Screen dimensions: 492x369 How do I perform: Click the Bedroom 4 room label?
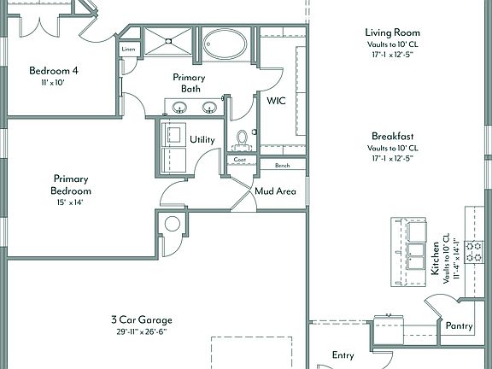pos(54,71)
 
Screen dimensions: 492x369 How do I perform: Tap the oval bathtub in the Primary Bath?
pos(225,44)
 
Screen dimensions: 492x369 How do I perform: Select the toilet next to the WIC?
pos(242,141)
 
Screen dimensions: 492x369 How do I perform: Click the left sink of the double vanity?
pos(179,108)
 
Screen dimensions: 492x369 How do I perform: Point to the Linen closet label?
pos(128,49)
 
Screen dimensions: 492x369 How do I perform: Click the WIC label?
pos(276,101)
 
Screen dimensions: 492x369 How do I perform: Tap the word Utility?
pos(202,139)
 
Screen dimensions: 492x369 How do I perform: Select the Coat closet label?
pos(240,160)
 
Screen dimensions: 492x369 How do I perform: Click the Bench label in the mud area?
pos(283,166)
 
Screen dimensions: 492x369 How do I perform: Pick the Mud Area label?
pos(275,190)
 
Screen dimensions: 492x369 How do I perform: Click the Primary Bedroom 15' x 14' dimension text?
pos(70,202)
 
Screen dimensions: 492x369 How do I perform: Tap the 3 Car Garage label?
pos(142,319)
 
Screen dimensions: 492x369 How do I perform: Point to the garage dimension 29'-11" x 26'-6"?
pos(142,331)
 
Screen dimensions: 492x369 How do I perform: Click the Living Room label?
pos(392,32)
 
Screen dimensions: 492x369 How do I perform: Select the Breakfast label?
pos(393,136)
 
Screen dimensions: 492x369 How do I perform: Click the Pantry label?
pos(459,326)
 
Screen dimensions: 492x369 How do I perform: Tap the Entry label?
pos(343,355)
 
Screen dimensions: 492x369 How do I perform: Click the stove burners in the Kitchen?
pos(474,251)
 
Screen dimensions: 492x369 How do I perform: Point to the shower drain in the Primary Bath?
pos(168,41)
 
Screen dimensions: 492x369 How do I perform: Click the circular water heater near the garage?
pos(173,224)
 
